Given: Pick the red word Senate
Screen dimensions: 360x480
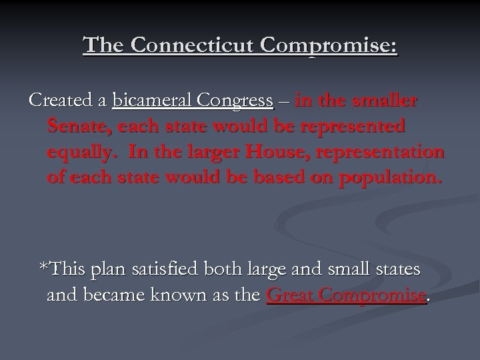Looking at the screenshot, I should [x=73, y=127].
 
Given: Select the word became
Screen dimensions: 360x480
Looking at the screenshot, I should [x=109, y=295].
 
